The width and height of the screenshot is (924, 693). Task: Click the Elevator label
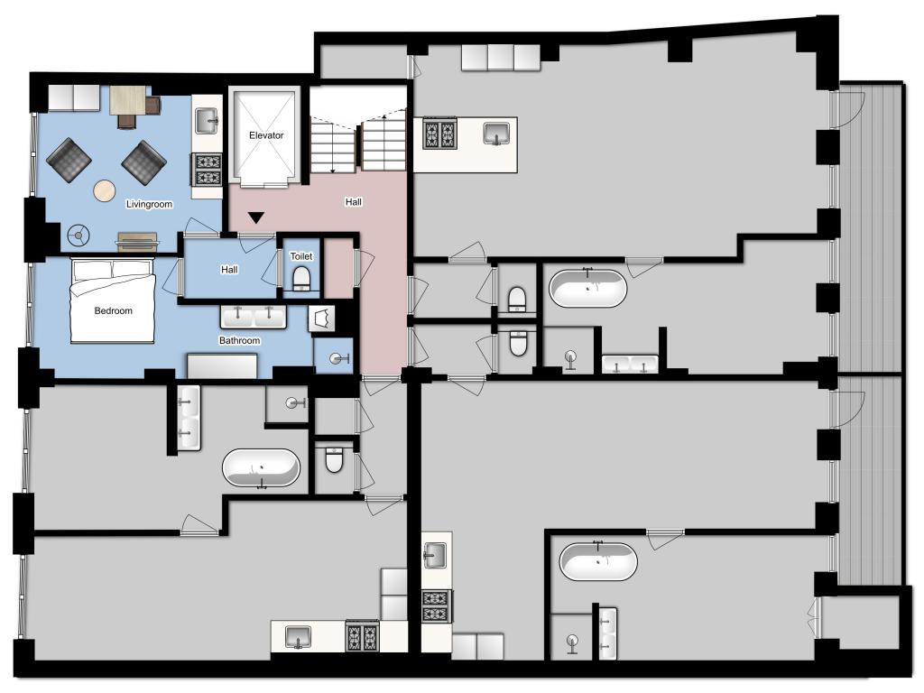(x=266, y=135)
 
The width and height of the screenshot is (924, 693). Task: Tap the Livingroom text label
(x=149, y=205)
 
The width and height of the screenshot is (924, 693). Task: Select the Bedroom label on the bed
(x=113, y=311)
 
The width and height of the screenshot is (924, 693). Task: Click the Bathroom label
(x=239, y=340)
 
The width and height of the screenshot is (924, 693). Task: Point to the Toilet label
(x=301, y=256)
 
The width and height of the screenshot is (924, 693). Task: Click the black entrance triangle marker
(x=255, y=218)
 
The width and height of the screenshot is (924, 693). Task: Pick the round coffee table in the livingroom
(x=105, y=191)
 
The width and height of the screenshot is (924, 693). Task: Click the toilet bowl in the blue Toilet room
(x=301, y=278)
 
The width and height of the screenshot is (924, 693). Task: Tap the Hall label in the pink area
(x=354, y=202)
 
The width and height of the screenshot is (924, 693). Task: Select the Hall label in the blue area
(x=229, y=270)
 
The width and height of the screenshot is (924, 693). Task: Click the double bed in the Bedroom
(x=113, y=300)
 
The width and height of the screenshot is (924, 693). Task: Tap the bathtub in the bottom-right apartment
(x=598, y=561)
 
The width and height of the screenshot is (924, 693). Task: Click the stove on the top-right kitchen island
(x=439, y=134)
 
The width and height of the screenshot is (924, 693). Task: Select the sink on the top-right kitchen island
(x=497, y=134)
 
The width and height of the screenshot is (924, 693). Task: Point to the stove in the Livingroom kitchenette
(x=208, y=170)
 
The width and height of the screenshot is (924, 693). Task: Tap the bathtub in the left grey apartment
(x=261, y=468)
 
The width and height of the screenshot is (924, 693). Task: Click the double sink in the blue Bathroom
(x=254, y=317)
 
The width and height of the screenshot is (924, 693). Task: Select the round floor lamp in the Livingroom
(x=78, y=236)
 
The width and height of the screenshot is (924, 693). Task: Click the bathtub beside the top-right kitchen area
(x=587, y=288)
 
